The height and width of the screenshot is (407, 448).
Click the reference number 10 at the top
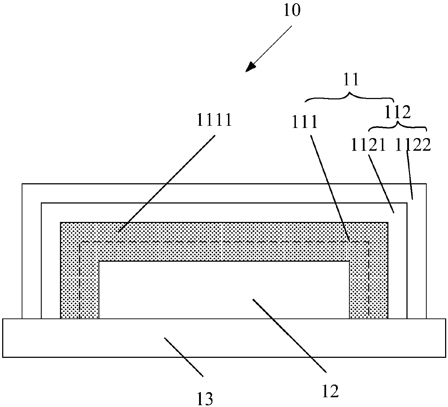(291, 11)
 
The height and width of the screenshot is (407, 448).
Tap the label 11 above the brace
(350, 80)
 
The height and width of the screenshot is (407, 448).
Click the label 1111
(214, 120)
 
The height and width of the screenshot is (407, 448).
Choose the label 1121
(369, 145)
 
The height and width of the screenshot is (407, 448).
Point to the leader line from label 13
(183, 356)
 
